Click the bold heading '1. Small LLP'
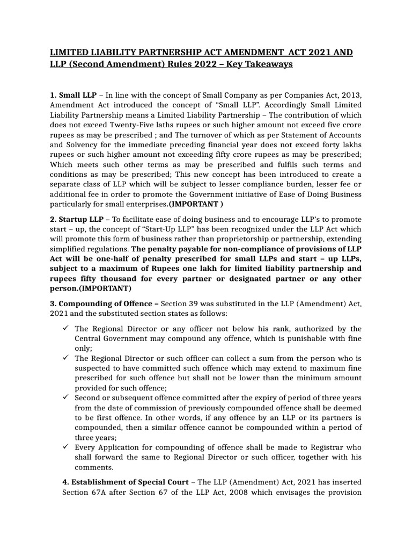pos(73,95)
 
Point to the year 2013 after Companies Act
pos(350,95)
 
